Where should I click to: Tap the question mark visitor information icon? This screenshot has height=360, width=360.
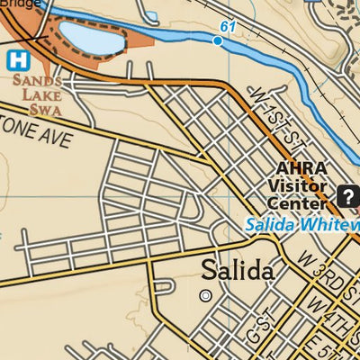pos(346,194)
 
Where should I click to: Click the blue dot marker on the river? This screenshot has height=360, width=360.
pos(218,40)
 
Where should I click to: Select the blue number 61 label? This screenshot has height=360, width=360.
pos(228,27)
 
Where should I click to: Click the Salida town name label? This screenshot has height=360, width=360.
pos(237,269)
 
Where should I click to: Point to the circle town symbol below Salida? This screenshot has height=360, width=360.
pos(206,295)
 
